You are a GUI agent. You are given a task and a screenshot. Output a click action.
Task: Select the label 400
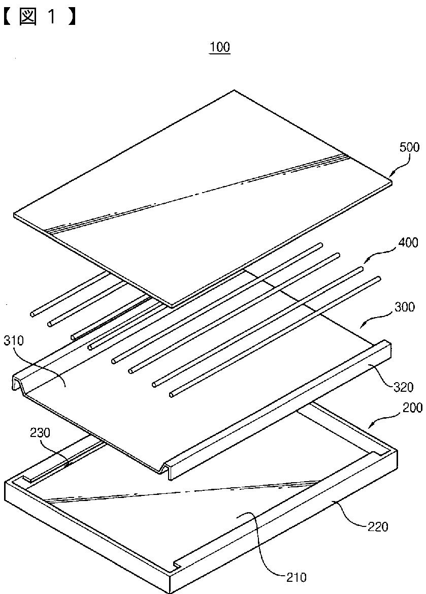point(408,243)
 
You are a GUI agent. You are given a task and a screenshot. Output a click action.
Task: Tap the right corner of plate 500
point(391,176)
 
